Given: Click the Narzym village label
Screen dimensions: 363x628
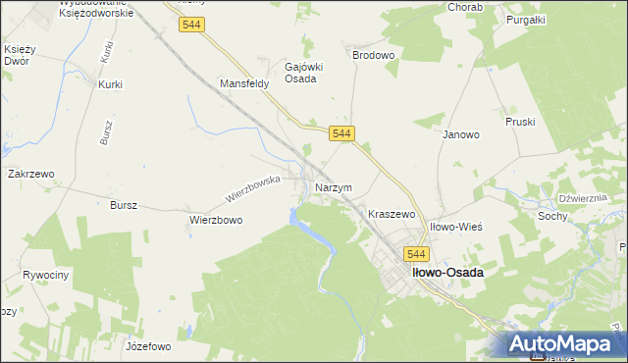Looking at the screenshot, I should pos(333,187).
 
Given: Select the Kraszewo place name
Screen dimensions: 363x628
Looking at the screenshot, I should pos(392,213).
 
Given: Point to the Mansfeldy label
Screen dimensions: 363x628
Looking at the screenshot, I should pos(244,84).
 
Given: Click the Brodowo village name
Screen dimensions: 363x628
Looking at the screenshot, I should pos(373,56).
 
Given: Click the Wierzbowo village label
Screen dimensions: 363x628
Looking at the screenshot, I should pos(215,221).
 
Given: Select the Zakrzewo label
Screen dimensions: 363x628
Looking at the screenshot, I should pos(30,174).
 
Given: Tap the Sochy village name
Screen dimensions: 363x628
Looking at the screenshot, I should pos(552,215).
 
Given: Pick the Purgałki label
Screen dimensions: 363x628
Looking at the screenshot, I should pos(525,20).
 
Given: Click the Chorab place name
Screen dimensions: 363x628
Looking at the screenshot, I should pos(438,7).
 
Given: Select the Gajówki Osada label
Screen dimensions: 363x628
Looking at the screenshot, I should pos(299,73).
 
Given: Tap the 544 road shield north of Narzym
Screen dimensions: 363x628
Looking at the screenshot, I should pos(341,132).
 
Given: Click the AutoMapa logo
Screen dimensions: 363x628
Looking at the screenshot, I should pos(564,344).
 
